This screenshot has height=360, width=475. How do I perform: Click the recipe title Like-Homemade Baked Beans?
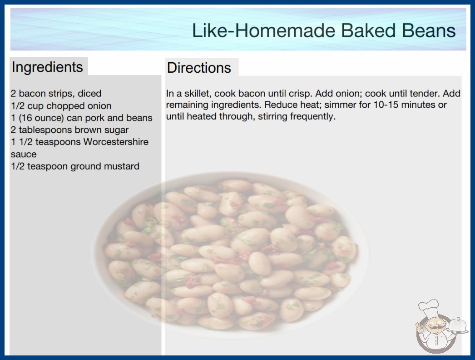[x=324, y=30]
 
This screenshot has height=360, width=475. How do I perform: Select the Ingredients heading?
[x=47, y=67]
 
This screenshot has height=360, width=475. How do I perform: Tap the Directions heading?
[x=199, y=68]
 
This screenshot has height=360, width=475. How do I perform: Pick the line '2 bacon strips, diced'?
[x=56, y=94]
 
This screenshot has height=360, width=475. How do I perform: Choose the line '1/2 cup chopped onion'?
[x=61, y=106]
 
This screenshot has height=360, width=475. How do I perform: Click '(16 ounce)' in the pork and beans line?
[x=41, y=118]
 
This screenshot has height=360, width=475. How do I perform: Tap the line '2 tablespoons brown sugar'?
[x=69, y=130]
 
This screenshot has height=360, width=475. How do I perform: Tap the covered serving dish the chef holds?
[x=457, y=325]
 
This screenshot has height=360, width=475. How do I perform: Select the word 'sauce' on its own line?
[x=24, y=155]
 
